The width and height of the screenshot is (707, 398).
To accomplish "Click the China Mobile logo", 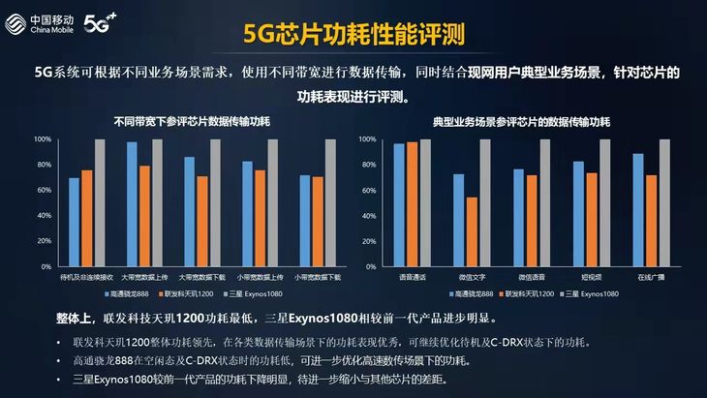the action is [40, 24].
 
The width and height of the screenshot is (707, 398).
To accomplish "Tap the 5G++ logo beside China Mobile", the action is [100, 23].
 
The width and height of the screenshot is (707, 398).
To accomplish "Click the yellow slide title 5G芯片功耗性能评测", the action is [353, 34].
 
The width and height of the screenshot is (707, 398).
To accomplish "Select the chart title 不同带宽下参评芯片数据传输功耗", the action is [192, 122].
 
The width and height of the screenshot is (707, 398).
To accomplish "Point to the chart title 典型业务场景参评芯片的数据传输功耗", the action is [521, 122].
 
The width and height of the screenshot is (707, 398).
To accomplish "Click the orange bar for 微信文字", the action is [472, 231].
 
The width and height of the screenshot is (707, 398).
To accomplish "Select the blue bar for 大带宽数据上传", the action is [132, 204].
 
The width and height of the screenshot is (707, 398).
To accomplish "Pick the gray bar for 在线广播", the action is [664, 202].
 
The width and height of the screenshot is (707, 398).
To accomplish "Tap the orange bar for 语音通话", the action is [413, 204].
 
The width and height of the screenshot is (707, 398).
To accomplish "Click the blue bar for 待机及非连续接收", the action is [74, 222].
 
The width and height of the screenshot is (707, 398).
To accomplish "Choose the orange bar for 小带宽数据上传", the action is [261, 218].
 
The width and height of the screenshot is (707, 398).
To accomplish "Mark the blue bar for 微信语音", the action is [519, 218].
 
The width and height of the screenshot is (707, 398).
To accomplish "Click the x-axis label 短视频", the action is [591, 277].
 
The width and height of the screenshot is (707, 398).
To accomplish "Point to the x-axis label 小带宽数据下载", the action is [318, 277].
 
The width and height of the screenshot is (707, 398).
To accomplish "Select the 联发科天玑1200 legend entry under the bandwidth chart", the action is [186, 293].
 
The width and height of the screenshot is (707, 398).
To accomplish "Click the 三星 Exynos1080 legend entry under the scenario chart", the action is [589, 293].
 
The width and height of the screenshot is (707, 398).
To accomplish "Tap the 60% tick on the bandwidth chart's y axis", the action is [43, 190].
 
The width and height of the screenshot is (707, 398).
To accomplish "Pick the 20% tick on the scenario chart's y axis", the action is [368, 241].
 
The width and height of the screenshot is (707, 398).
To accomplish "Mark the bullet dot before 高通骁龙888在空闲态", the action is [59, 361].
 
